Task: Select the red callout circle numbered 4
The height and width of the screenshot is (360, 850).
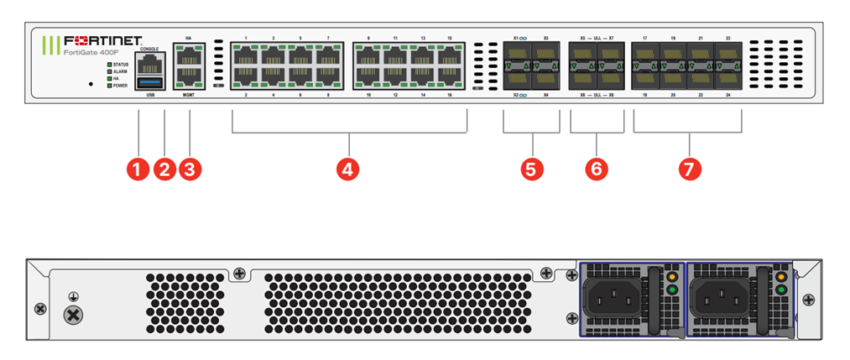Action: (x=348, y=168)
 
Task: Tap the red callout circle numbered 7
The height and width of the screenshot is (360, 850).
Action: (x=688, y=168)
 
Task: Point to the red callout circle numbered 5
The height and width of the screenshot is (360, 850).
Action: (x=529, y=168)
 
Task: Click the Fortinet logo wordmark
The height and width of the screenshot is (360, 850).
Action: (x=103, y=39)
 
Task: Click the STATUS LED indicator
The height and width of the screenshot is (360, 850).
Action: (x=108, y=64)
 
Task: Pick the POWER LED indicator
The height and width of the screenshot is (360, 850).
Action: (x=108, y=86)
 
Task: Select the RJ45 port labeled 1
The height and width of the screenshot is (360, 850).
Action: (x=247, y=59)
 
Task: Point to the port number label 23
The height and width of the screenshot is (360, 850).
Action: (x=727, y=39)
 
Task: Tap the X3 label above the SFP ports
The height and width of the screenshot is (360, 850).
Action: (x=545, y=39)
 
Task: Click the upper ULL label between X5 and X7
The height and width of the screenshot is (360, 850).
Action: (x=597, y=39)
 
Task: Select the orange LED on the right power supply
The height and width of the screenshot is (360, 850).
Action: (x=782, y=276)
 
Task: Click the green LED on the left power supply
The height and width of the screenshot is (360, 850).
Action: (x=671, y=290)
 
